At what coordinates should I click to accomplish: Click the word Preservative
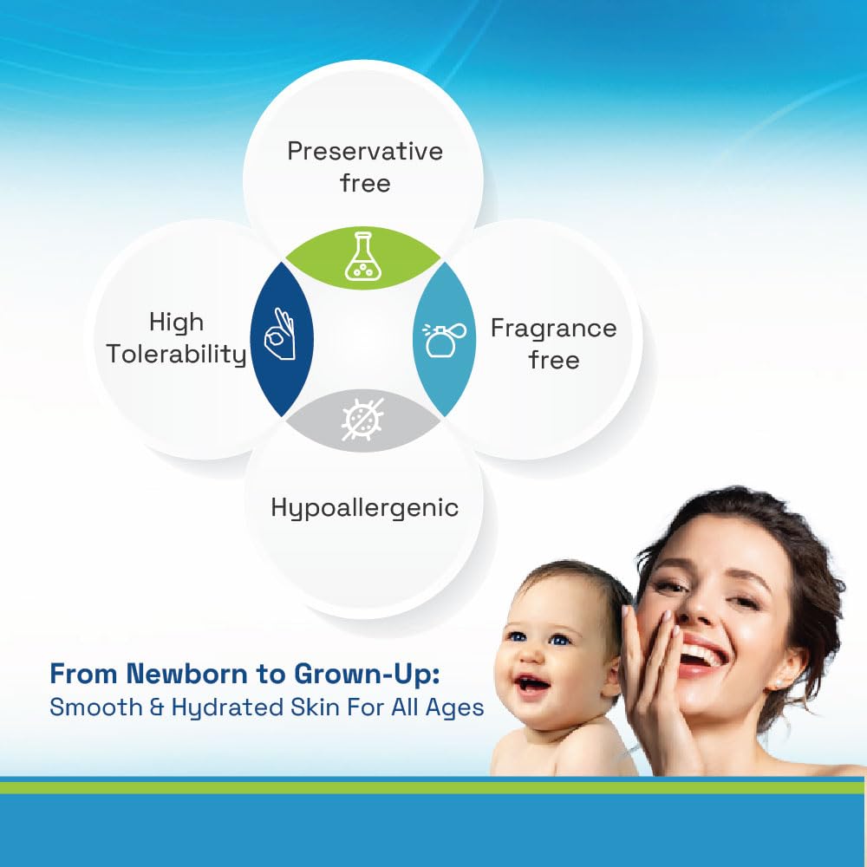click(365, 151)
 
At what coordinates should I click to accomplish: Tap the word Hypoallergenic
click(365, 508)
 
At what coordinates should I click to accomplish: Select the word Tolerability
click(176, 354)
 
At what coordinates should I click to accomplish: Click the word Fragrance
click(553, 329)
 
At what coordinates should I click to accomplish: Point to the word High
click(176, 323)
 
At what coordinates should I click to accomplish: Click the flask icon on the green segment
click(362, 256)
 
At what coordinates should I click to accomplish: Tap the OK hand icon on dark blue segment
click(280, 335)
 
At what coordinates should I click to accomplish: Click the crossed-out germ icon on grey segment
click(362, 420)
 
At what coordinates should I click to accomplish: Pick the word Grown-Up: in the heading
click(367, 675)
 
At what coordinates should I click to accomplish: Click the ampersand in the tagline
click(157, 708)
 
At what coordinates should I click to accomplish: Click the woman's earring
click(779, 682)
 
